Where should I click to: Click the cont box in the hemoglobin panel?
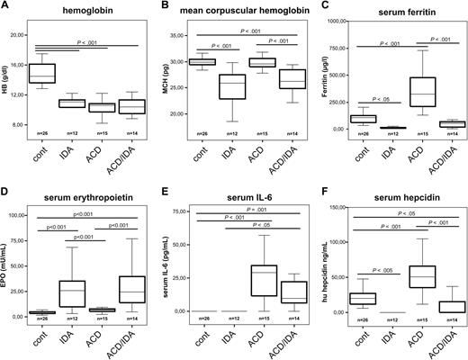coord(42,73)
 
